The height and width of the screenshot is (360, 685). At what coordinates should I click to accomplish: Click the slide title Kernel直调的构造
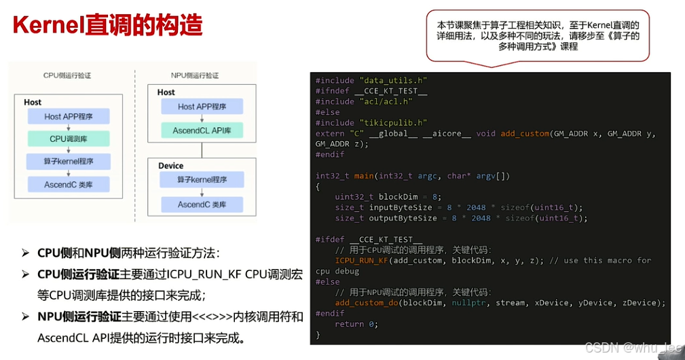[x=108, y=25]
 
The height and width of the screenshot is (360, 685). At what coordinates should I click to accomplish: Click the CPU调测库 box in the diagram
[x=69, y=139]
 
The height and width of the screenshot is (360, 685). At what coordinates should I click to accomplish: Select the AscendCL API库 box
[x=202, y=129]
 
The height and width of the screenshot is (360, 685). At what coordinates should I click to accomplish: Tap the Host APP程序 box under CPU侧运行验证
[x=69, y=116]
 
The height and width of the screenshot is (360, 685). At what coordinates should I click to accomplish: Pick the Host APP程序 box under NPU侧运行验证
[x=202, y=106]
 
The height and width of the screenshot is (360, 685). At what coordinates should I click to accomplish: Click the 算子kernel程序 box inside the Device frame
[x=202, y=179]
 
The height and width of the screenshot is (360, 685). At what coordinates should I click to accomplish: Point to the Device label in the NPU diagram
[x=170, y=165]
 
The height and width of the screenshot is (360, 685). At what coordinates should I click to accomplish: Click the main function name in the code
[x=364, y=176]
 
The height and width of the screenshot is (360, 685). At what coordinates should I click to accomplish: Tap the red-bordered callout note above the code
[x=537, y=35]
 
